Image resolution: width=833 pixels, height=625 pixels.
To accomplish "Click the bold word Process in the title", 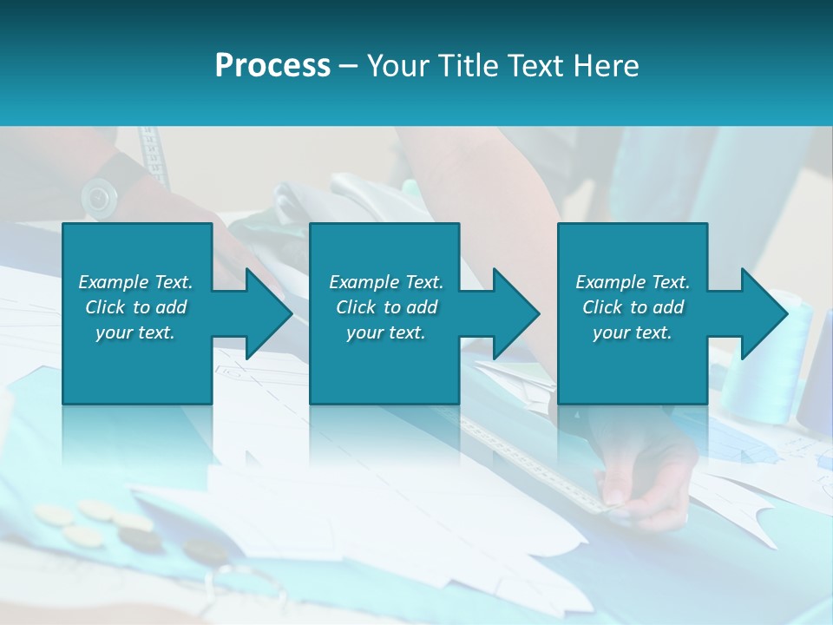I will [272, 66].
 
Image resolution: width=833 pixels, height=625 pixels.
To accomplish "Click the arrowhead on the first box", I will [266, 313].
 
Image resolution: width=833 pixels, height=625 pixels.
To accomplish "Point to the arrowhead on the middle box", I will [514, 313].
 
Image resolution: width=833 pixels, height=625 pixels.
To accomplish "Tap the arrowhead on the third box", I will [763, 313].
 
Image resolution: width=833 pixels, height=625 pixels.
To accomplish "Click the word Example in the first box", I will [112, 282].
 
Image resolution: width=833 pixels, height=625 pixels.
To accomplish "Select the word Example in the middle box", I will [363, 282].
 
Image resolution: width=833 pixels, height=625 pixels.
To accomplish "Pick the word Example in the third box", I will [609, 282].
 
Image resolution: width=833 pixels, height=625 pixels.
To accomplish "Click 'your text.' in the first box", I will [135, 332].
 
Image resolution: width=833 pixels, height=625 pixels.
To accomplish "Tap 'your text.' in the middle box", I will [385, 332].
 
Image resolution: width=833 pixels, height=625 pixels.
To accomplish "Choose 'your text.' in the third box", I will [633, 332].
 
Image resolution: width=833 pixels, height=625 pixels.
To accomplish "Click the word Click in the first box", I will [104, 307].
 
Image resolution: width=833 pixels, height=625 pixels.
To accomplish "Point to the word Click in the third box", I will [602, 307].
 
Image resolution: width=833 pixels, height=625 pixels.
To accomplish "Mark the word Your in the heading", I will [397, 66].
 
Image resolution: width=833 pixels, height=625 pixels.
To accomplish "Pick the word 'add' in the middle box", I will [421, 307].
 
